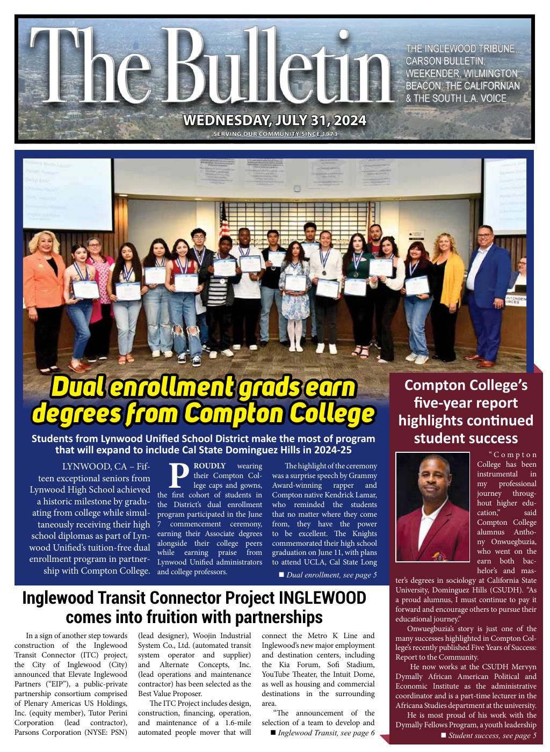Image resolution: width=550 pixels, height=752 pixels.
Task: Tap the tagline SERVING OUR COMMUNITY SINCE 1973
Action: (x=275, y=134)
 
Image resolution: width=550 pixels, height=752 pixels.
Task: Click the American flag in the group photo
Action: (x=224, y=228)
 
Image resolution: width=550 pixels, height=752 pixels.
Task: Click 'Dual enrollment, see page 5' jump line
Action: (x=331, y=575)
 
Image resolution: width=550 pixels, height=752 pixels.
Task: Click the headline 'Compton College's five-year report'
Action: (x=466, y=411)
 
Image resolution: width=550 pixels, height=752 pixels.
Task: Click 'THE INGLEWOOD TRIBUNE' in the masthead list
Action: (x=461, y=49)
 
